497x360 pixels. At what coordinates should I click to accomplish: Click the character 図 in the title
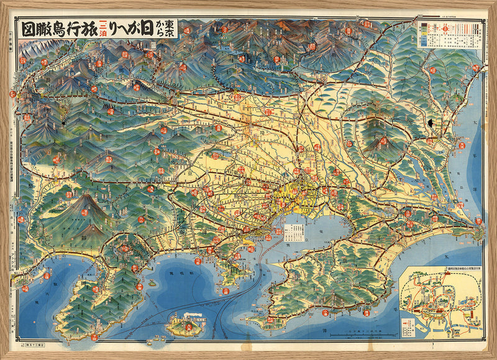coord(27,29)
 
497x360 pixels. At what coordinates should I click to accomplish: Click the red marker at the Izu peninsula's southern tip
coord(94,337)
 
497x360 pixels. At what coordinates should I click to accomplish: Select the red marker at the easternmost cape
coord(479,221)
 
